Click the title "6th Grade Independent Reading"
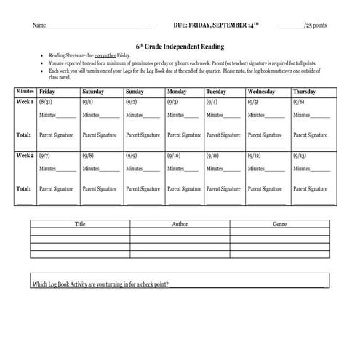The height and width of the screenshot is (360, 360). pyautogui.click(x=180, y=46)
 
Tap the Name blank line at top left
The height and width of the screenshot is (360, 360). pyautogui.click(x=98, y=26)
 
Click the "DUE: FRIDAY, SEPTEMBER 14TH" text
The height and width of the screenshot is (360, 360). pyautogui.click(x=216, y=25)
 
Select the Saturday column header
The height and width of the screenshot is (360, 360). pyautogui.click(x=93, y=92)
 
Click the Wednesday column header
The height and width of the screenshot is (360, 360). pyautogui.click(x=261, y=92)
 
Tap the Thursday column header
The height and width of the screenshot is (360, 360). pyautogui.click(x=303, y=92)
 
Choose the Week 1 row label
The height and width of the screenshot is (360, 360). pyautogui.click(x=25, y=103)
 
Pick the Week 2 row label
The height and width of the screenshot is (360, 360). pyautogui.click(x=25, y=156)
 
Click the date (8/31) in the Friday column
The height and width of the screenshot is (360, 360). pyautogui.click(x=47, y=103)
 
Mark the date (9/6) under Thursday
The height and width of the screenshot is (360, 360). pyautogui.click(x=299, y=103)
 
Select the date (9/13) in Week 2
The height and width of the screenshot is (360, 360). pyautogui.click(x=300, y=156)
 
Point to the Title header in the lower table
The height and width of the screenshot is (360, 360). pyautogui.click(x=80, y=224)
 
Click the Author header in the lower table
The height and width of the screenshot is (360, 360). pyautogui.click(x=180, y=224)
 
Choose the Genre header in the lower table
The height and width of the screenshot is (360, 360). pyautogui.click(x=280, y=224)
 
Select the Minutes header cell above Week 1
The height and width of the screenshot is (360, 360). pyautogui.click(x=25, y=92)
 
